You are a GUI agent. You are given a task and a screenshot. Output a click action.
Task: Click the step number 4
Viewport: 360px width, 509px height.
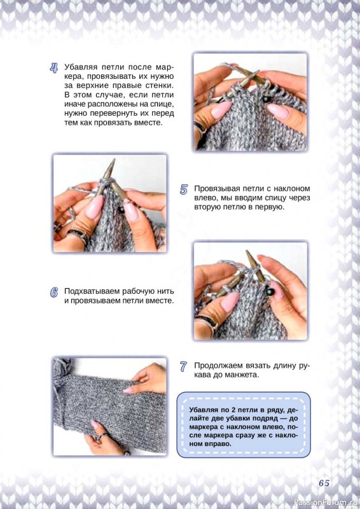pos(54,68)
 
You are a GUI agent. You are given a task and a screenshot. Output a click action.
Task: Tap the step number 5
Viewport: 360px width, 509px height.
pos(184,190)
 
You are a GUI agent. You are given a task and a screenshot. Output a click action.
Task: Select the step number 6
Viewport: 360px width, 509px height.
pos(54,293)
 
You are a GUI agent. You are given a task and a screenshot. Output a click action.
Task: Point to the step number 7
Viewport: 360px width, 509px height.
pos(183,367)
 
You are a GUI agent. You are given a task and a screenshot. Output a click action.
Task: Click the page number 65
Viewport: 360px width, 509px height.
pos(324,483)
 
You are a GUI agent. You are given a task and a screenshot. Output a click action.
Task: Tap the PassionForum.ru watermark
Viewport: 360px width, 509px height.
pos(326,503)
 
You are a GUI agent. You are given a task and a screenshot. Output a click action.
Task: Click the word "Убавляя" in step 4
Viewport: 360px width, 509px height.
pos(81,67)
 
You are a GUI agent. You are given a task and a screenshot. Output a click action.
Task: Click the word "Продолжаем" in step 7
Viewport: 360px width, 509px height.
pos(215,365)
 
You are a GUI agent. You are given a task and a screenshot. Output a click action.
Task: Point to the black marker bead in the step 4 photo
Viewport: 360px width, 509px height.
pos(266,99)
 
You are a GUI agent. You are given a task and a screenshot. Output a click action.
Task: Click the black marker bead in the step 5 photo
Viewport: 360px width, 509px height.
pos(121,210)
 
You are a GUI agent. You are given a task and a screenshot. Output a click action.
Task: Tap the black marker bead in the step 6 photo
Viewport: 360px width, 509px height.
pos(270,292)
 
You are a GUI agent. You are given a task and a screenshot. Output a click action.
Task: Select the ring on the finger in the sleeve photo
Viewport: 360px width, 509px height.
pos(103,436)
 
